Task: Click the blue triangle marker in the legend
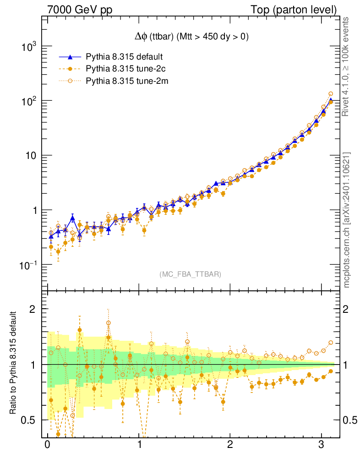click(70, 57)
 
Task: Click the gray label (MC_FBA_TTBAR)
click(191, 274)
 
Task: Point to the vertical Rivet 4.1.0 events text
click(347, 66)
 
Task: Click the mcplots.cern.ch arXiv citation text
click(347, 220)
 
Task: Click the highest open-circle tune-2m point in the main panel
click(331, 94)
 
